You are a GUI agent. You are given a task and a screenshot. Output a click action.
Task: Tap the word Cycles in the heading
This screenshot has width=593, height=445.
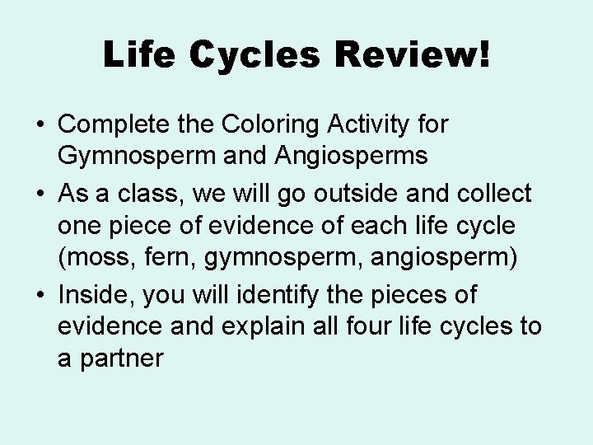[250, 55]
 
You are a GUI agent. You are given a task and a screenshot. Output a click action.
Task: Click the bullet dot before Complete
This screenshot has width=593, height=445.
[40, 126]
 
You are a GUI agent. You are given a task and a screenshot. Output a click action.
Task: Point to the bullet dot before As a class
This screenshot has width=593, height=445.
[40, 195]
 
